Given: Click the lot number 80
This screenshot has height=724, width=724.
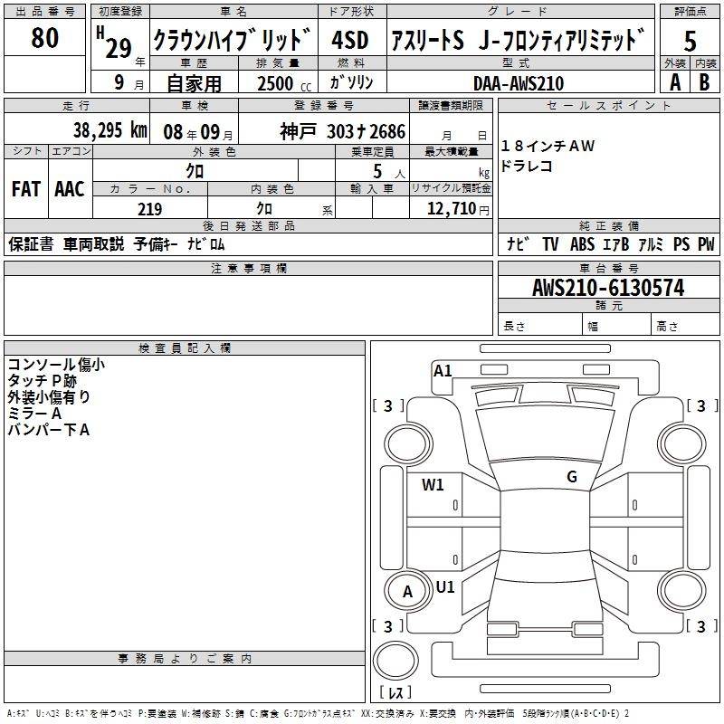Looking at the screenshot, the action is (x=44, y=37).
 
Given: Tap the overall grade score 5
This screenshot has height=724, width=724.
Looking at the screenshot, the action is (x=690, y=41).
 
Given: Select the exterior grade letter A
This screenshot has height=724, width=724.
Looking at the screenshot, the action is (x=675, y=82).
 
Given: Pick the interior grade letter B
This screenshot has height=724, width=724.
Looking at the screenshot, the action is (x=704, y=82).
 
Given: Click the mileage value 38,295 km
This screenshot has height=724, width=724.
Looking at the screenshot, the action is (x=110, y=130).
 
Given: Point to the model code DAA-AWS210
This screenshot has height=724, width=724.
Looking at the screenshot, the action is (x=519, y=83).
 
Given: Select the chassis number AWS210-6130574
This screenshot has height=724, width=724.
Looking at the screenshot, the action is (x=608, y=288).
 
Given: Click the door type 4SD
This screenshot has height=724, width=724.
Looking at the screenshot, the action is (x=350, y=40).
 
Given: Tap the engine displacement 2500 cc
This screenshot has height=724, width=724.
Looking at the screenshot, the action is (x=284, y=83).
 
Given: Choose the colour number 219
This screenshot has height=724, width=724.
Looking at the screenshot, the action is (x=149, y=209).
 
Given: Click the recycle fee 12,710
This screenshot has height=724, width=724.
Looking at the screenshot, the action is (x=452, y=208).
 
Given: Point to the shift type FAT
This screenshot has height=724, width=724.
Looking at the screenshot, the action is (x=26, y=189).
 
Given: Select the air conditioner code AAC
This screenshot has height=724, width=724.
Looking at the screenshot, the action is (x=70, y=189).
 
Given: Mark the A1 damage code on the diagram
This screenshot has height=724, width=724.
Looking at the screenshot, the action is (x=443, y=371).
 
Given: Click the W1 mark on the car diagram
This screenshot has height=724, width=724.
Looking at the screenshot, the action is (x=433, y=485).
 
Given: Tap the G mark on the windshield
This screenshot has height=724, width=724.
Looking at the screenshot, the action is (x=572, y=477).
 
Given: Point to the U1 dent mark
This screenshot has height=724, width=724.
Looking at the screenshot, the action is (x=445, y=586).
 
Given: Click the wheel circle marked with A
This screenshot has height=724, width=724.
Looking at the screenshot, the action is (x=407, y=591).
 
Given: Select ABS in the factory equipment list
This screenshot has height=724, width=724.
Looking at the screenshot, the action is (x=582, y=244).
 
